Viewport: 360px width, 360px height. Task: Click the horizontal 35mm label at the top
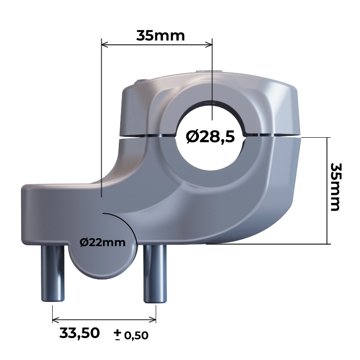click(x=161, y=36)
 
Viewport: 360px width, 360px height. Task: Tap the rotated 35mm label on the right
click(x=336, y=187)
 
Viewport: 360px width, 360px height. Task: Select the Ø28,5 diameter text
click(x=210, y=137)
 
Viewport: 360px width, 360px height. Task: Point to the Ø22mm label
click(x=103, y=243)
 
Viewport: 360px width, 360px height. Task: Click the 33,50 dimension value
click(x=80, y=333)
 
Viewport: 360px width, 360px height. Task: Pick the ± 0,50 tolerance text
click(x=131, y=335)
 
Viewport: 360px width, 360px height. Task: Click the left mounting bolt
click(x=53, y=273)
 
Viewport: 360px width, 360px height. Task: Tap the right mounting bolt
click(x=155, y=274)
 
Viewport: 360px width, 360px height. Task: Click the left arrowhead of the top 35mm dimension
click(x=105, y=45)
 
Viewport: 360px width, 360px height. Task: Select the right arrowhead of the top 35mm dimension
click(x=209, y=45)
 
